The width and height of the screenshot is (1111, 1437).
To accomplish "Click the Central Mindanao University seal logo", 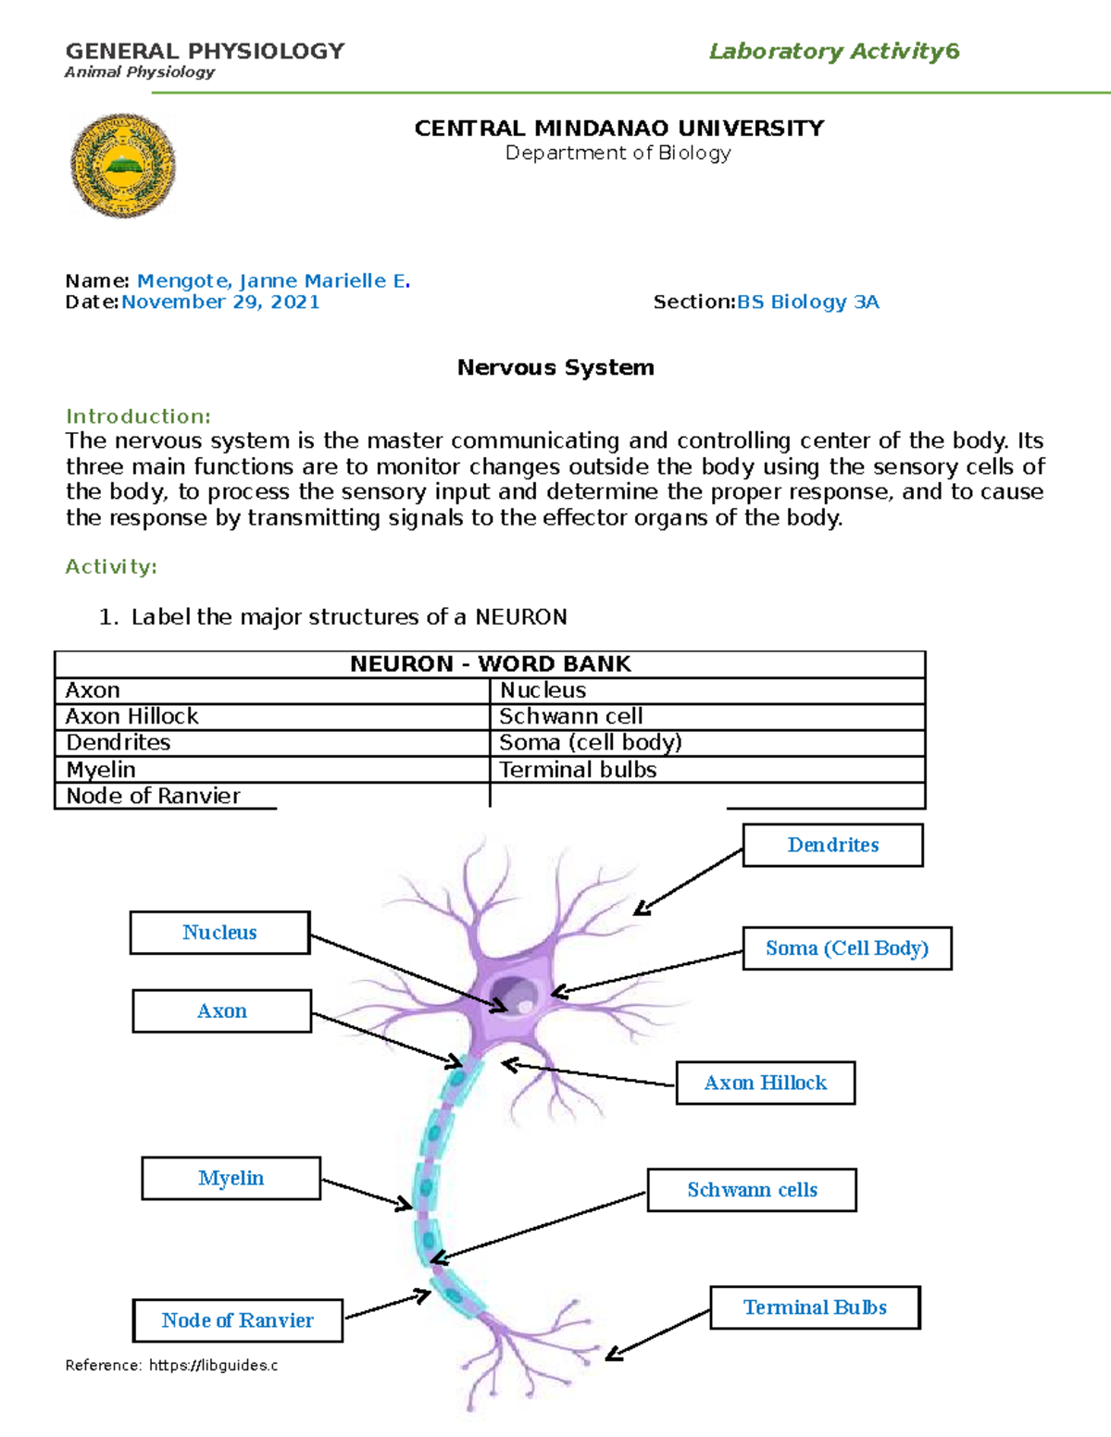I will click(122, 166).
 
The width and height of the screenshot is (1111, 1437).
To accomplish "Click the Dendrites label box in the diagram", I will click(832, 845).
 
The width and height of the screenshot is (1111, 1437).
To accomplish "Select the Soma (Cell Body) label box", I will click(846, 948).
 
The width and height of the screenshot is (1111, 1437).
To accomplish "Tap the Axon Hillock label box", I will click(765, 1083).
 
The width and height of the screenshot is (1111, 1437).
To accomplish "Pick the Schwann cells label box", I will click(751, 1190).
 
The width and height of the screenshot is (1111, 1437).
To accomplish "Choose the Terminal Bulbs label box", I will click(815, 1307).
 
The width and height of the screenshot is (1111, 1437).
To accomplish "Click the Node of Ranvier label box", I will click(238, 1320).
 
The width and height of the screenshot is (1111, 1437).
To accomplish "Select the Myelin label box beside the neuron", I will click(231, 1178).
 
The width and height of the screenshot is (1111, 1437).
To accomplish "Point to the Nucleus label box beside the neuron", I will click(219, 933).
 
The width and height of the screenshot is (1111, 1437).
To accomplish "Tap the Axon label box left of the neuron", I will click(221, 1011).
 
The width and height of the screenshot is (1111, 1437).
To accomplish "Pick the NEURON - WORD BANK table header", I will click(490, 664).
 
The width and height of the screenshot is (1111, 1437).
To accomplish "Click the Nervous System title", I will click(555, 367).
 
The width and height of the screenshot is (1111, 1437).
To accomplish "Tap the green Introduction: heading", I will click(138, 416).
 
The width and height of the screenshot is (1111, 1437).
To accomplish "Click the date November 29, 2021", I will click(220, 302).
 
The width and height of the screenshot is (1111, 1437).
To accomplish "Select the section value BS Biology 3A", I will click(807, 302).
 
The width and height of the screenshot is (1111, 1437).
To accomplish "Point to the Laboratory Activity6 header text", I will click(833, 52).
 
